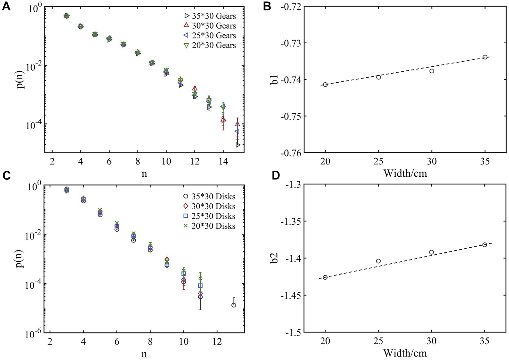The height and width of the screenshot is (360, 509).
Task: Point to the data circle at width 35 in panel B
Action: [x=485, y=57]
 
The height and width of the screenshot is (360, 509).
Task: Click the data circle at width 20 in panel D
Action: [x=325, y=277]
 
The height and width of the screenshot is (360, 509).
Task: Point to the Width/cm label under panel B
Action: [x=405, y=174]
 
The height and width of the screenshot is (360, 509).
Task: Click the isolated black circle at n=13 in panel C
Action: [x=234, y=305]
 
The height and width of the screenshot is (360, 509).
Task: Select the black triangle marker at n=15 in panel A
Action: [x=238, y=145]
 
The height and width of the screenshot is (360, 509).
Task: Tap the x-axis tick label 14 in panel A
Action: [x=223, y=162]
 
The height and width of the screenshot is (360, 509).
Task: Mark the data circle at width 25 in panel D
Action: [x=378, y=261]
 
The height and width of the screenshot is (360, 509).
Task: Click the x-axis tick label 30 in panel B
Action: [x=432, y=162]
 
